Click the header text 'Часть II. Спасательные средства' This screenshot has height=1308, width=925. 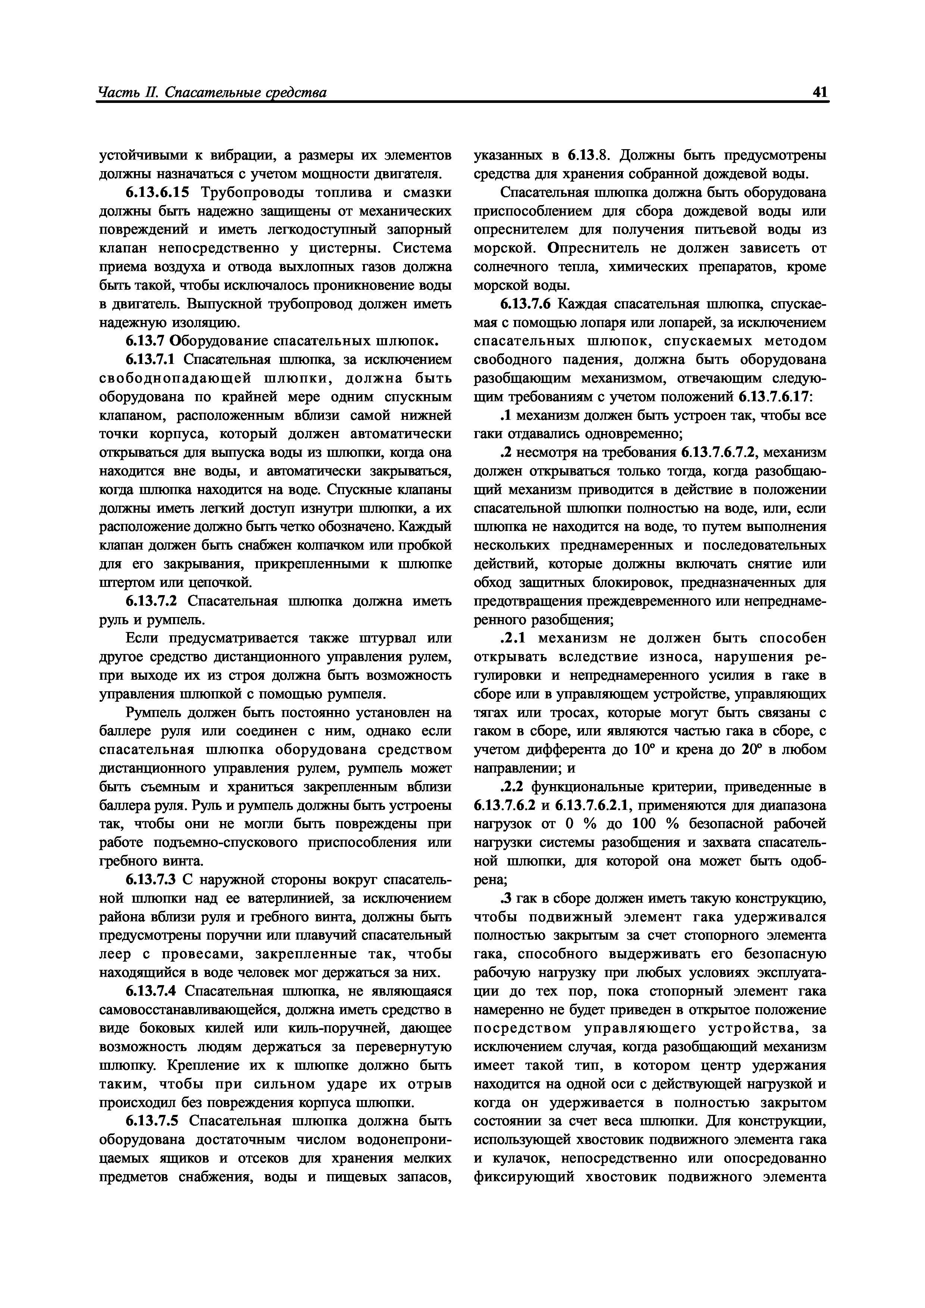point(212,92)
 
